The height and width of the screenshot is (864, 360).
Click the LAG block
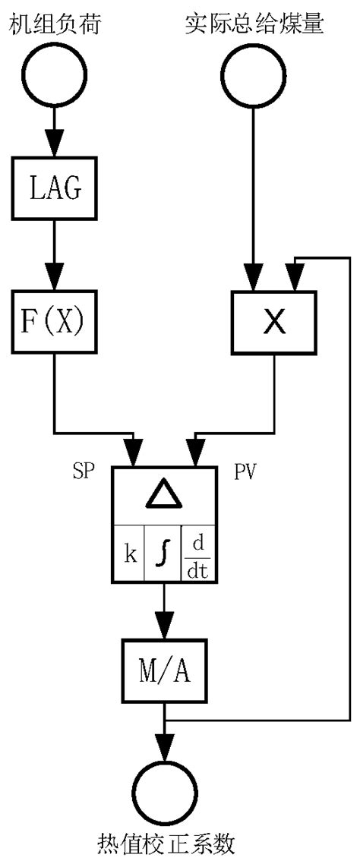coord(54,187)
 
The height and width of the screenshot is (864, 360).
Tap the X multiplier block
coord(274,323)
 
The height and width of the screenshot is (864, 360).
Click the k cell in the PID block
coord(130,553)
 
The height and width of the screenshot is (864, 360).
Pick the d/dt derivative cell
coord(198,553)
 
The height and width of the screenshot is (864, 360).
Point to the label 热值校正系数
coord(165,844)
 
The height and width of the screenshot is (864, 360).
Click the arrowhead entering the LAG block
coord(54,149)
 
